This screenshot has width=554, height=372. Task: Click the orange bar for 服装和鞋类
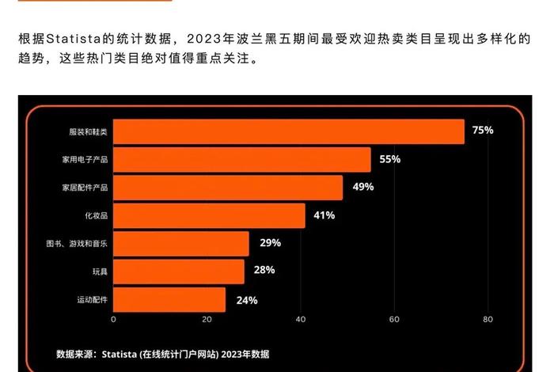289,131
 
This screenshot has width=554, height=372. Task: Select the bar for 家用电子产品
242,160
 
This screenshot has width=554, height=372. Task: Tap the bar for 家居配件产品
228,188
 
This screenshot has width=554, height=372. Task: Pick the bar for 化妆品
209,215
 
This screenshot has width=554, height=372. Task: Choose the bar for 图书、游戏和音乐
181,244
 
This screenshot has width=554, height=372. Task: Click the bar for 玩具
179,271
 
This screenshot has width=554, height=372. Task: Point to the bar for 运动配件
169,299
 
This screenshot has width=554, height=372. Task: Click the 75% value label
482,130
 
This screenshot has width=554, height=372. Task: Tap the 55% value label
389,159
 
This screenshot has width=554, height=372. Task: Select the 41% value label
324,215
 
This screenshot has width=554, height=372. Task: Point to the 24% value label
247,299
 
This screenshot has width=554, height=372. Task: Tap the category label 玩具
100,271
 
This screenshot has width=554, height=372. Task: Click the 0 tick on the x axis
113,320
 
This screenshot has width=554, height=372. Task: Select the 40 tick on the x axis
300,320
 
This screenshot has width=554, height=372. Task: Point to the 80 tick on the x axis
488,320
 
